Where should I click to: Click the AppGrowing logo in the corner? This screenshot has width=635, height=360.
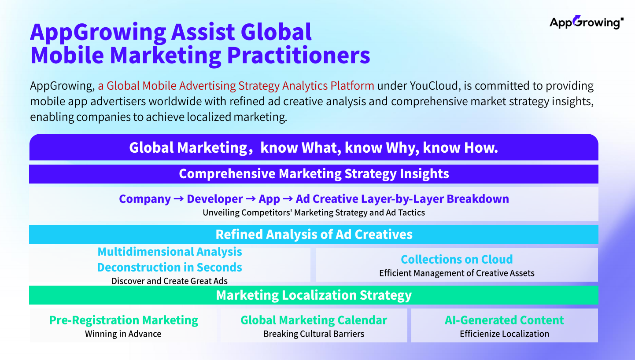586,22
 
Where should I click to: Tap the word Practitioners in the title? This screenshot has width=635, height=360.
299,55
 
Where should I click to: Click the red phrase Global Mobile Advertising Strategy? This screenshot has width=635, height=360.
193,86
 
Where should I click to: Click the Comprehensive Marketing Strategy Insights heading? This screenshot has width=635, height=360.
314,174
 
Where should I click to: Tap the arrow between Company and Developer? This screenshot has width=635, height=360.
179,199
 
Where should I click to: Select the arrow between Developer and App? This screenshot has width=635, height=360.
251,199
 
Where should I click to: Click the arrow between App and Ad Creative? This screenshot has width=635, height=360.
288,199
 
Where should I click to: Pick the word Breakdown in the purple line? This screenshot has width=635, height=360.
478,199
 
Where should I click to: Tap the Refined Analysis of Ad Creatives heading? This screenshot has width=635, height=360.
314,235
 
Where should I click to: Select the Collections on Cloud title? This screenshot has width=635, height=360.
457,260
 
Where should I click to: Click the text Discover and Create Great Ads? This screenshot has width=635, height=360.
170,281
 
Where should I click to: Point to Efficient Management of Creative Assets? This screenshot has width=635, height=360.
457,273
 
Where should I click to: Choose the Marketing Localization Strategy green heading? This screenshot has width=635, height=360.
314,295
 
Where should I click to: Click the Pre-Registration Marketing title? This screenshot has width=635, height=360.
124,320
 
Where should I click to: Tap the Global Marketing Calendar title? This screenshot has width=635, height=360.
314,320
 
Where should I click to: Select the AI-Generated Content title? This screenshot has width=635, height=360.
504,320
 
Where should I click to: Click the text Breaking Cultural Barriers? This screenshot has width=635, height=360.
314,334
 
